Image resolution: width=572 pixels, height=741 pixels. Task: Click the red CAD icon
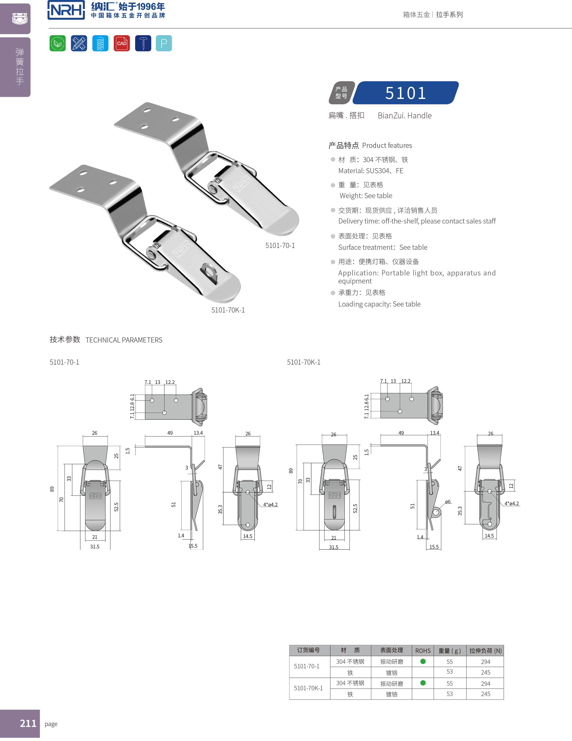pos(122,43)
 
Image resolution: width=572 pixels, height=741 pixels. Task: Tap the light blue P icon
pos(164,43)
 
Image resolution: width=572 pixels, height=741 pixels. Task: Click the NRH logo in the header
pos(66,10)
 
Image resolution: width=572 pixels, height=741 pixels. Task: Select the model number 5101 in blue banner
pos(405,93)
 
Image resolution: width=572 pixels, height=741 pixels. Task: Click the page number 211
pos(28,723)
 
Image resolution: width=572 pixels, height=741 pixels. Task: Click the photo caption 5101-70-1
pos(280,246)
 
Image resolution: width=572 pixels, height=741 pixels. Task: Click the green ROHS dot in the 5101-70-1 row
pos(423,661)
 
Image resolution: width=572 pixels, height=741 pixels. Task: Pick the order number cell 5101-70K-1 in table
pos(308,688)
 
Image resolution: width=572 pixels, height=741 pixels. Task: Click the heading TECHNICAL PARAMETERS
pos(124,340)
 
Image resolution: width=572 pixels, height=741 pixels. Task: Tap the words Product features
pos(387,146)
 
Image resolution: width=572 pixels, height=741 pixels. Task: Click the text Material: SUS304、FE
pos(370,171)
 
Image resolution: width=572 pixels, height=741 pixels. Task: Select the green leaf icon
pos(58,43)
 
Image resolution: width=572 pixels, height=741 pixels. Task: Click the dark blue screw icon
pos(143,43)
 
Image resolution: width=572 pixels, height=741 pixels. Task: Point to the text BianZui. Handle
pos(404,116)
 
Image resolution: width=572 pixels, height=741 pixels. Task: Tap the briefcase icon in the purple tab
pos(20,19)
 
